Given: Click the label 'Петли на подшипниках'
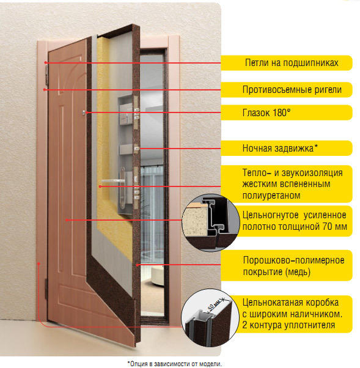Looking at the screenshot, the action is [292, 63].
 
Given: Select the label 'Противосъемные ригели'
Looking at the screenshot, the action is [292, 90].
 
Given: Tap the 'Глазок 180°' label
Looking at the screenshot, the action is [266, 112].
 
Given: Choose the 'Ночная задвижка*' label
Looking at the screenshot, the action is [280, 148].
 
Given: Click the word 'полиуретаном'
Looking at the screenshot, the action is [271, 195].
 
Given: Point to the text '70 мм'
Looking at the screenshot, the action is [335, 227].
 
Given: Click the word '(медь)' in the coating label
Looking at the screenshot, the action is [298, 272].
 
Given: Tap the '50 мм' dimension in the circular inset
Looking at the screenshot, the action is [214, 305].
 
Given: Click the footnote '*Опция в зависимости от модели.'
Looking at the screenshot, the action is [175, 364].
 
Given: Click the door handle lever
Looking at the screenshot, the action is [113, 181].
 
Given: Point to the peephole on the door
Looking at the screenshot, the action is [84, 113].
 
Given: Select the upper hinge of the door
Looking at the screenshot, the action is [46, 75].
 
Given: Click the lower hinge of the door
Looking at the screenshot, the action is [46, 289].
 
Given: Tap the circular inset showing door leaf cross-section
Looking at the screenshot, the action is [211, 223].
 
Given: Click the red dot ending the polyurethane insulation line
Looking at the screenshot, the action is [100, 186].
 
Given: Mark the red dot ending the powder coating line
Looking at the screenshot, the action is [138, 265].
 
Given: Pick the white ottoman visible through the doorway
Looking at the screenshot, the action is [157, 275].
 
